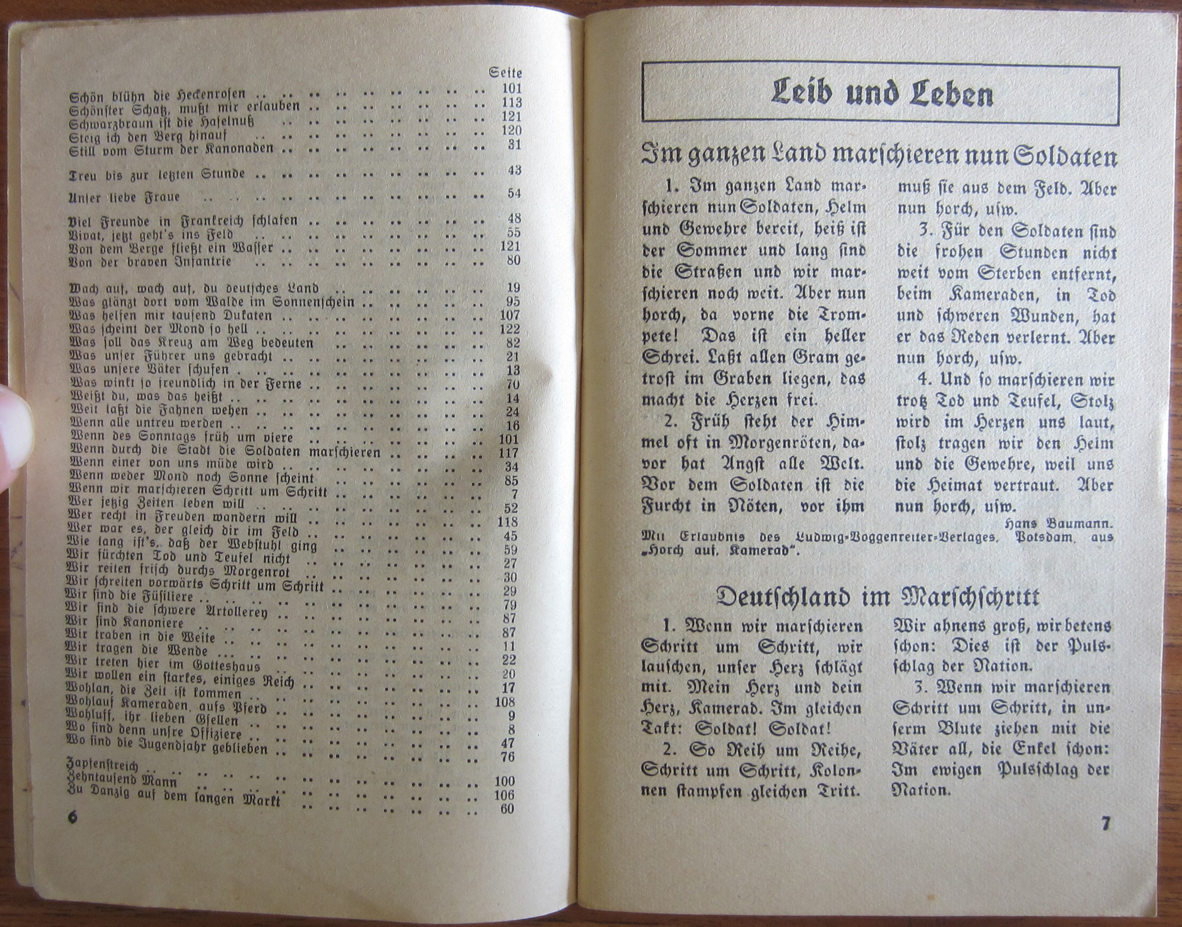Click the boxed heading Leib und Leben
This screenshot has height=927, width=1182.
click(x=882, y=95)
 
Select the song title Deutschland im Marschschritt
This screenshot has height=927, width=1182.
click(x=877, y=597)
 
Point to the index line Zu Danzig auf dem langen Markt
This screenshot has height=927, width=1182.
click(x=174, y=797)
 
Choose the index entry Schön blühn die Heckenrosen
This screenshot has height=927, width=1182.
click(x=158, y=96)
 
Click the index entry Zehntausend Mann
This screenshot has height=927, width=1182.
click(x=122, y=781)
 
